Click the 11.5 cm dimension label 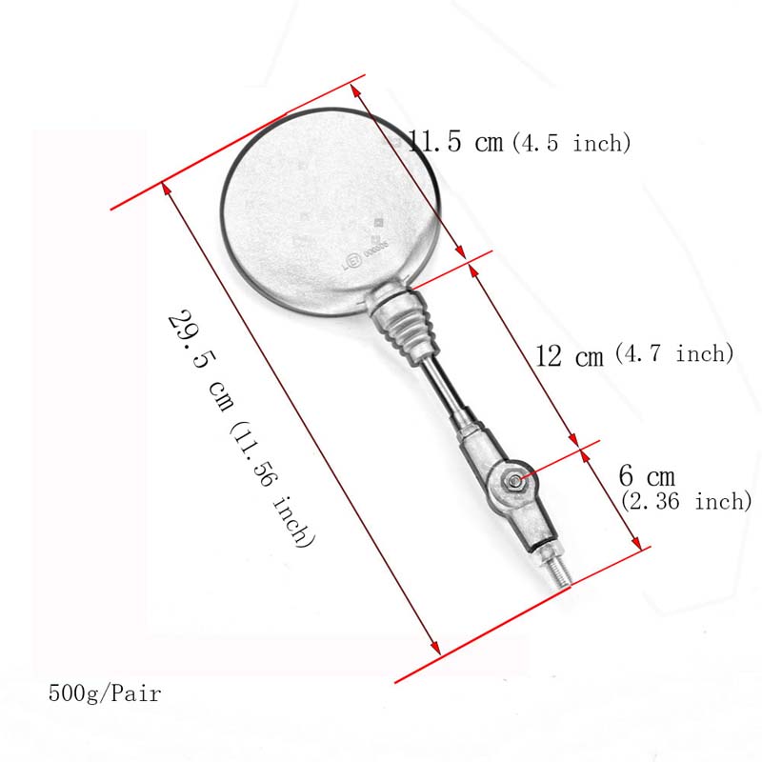coord(455,143)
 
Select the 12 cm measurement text coord(570,356)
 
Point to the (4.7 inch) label coord(674,353)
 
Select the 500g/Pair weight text coord(105,693)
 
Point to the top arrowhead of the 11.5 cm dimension coord(354,88)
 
